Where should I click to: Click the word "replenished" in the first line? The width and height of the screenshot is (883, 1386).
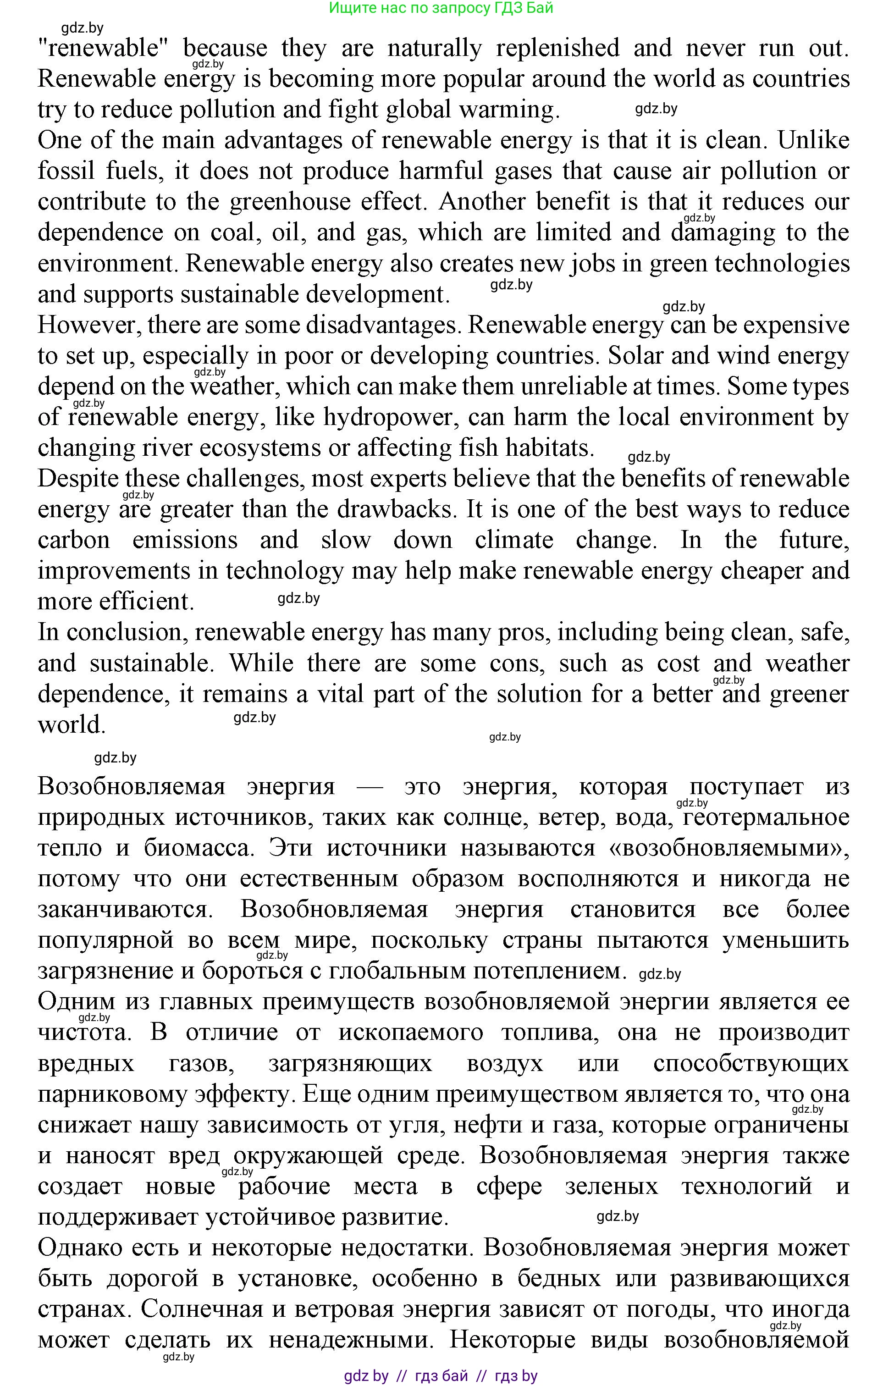[557, 48]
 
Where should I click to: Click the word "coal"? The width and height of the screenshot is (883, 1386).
[232, 232]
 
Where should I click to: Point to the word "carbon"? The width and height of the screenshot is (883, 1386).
[74, 541]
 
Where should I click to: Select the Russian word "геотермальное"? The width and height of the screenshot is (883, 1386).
[766, 817]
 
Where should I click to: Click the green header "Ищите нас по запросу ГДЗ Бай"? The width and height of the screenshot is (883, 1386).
[441, 8]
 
